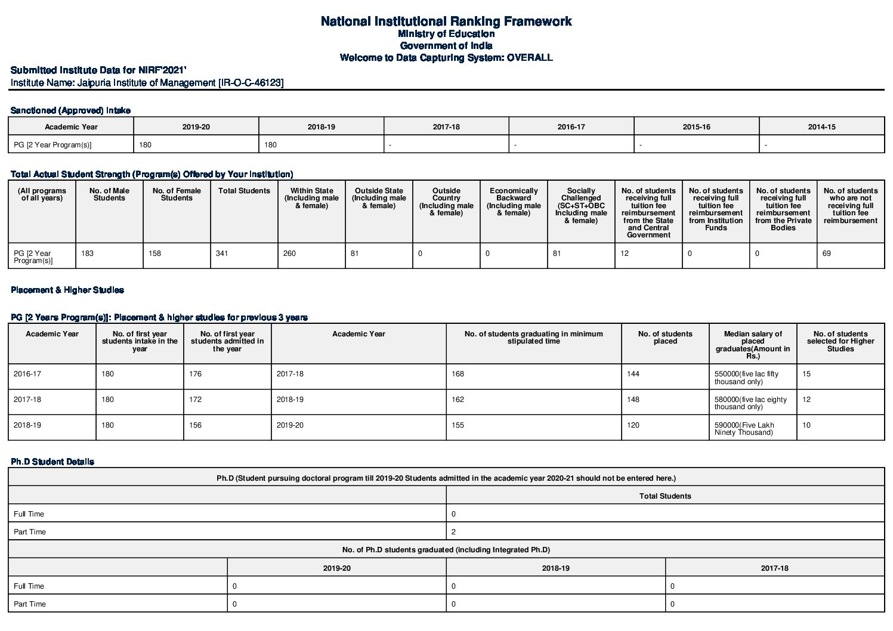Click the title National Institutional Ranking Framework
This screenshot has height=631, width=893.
(446, 21)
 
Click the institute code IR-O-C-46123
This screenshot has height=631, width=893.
(251, 83)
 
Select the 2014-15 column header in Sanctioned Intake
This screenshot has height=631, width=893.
(821, 127)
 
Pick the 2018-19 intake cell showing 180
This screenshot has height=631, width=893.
(271, 145)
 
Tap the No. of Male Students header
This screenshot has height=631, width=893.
(109, 194)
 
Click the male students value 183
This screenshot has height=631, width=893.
(88, 253)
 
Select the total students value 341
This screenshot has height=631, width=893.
(222, 253)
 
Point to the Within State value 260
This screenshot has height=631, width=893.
(289, 253)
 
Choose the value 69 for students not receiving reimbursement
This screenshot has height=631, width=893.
(827, 253)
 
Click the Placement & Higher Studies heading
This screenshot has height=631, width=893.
(67, 290)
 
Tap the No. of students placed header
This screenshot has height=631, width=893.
(665, 338)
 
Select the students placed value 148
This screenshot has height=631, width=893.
(634, 400)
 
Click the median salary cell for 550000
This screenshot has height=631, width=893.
(746, 378)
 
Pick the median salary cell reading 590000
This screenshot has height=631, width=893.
(744, 429)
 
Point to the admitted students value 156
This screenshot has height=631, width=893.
(196, 425)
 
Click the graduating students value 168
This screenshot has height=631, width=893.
(458, 374)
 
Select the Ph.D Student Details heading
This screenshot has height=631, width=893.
(52, 462)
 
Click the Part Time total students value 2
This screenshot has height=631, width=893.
(454, 532)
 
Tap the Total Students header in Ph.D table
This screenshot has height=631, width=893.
(665, 496)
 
